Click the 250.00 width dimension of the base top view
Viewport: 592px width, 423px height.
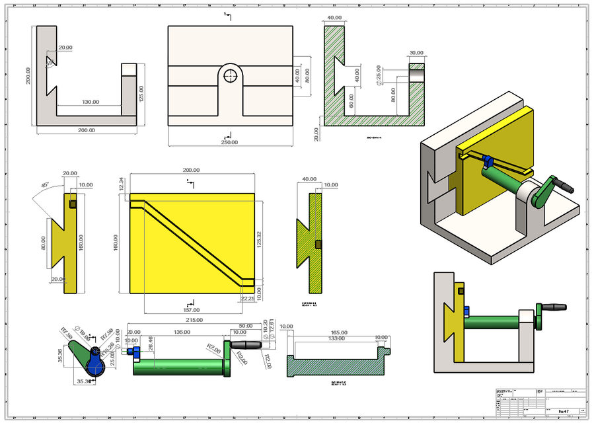[229, 142]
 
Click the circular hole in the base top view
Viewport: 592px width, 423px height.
[230, 75]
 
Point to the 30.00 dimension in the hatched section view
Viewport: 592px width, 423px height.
[416, 53]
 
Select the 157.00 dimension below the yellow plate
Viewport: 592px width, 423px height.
[191, 309]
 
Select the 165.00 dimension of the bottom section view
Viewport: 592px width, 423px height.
[339, 332]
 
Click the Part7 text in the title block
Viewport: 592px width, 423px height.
[563, 411]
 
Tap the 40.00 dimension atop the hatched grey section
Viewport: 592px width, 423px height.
[334, 18]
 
